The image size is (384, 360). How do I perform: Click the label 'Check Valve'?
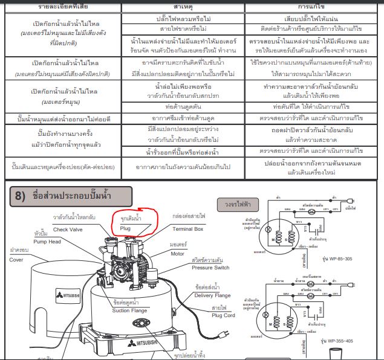tap(68, 230)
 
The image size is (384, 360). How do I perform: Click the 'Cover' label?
tap(16, 259)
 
